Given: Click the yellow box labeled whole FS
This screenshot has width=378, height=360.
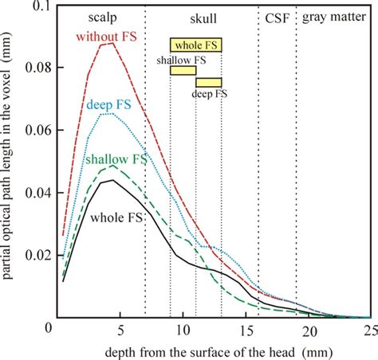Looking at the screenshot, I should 195,45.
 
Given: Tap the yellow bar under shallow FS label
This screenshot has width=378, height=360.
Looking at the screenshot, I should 183,71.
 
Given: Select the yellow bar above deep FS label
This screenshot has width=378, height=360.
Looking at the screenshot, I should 209,82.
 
